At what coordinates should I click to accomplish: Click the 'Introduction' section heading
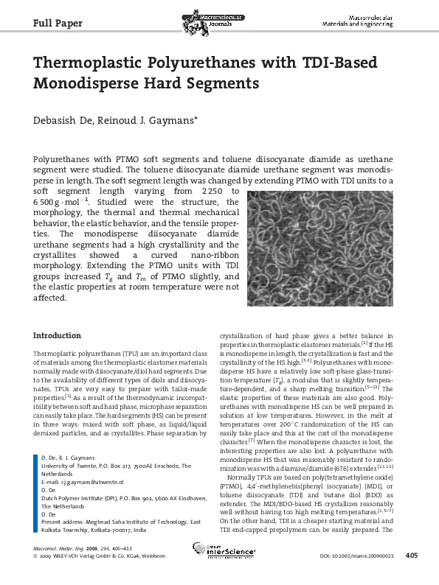point(57,335)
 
